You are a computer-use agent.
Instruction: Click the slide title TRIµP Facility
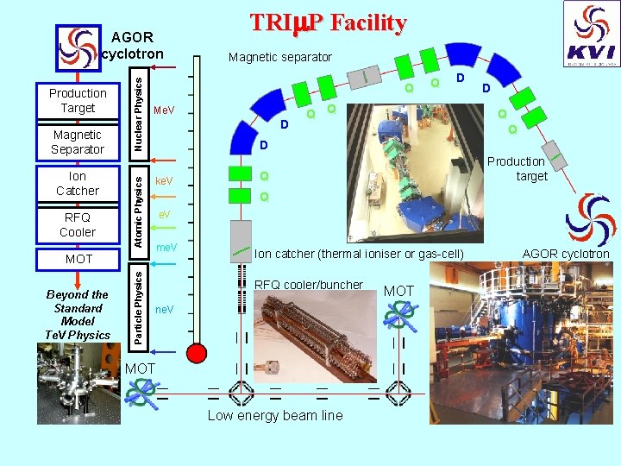328,22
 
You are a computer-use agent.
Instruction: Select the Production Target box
78,100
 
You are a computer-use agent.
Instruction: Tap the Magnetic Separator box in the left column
78,142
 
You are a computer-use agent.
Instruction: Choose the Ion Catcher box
78,183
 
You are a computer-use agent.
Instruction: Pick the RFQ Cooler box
78,224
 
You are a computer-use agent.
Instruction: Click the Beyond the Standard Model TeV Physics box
78,314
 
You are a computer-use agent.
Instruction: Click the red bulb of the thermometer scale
198,353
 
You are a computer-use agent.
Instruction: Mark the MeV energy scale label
163,110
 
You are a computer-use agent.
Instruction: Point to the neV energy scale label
163,309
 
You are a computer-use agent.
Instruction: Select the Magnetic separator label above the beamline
279,57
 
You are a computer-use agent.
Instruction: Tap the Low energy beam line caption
275,416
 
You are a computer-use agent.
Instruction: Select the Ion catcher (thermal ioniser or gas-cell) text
359,254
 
